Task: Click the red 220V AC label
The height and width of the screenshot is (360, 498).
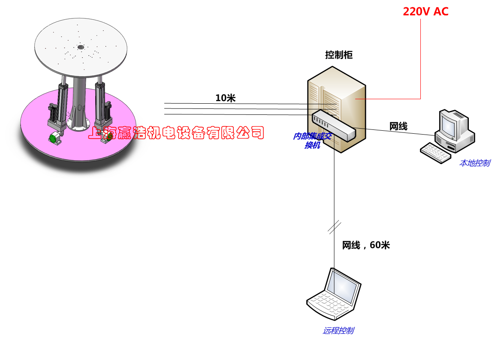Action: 426,12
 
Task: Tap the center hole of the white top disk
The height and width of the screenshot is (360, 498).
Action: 80,47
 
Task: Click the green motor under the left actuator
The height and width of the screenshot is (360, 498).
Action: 54,138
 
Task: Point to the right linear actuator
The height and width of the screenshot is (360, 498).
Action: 101,103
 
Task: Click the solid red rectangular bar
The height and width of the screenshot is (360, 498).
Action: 214,132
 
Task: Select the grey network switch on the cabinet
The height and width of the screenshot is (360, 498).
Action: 334,125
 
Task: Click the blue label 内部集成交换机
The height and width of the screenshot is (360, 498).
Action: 312,140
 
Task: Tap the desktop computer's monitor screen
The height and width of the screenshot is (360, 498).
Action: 449,124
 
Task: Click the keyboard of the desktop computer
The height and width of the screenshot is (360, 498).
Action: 435,153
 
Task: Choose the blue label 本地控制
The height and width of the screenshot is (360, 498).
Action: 474,163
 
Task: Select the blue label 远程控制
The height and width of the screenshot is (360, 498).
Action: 339,330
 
